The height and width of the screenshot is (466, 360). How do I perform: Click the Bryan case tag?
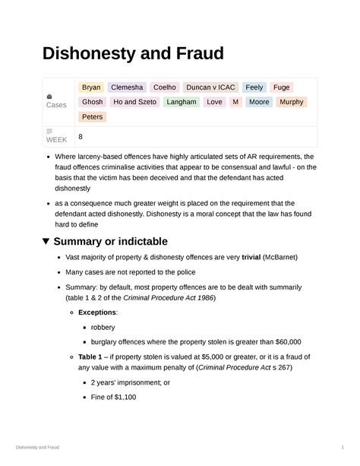click(x=91, y=87)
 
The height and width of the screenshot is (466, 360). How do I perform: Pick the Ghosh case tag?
click(x=92, y=102)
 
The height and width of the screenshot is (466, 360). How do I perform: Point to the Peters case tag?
click(x=92, y=116)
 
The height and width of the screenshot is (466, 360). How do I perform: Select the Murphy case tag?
click(x=291, y=102)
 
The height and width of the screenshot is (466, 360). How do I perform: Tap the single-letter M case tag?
click(x=235, y=102)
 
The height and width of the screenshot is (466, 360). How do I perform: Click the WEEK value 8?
click(x=80, y=136)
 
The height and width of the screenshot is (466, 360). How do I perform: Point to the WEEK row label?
click(x=56, y=140)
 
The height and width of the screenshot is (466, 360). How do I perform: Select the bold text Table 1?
click(x=91, y=356)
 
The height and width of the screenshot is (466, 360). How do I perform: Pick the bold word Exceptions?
click(x=96, y=313)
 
